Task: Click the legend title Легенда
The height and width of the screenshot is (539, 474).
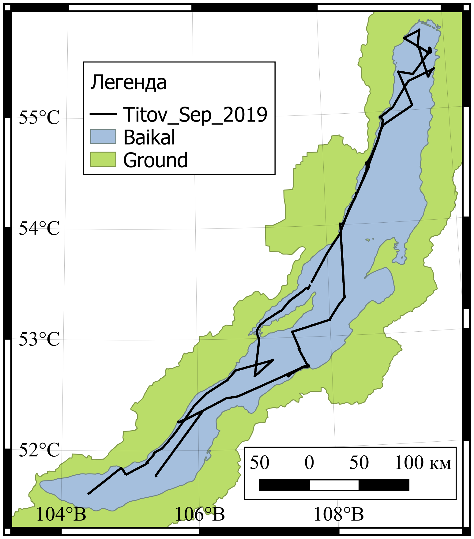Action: tap(128, 83)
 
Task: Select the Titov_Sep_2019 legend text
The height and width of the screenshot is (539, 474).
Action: tap(195, 115)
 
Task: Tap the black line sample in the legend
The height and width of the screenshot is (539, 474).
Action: tap(103, 114)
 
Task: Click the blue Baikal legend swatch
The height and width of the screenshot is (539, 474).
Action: tap(103, 137)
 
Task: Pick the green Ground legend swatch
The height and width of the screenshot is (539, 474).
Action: tap(103, 159)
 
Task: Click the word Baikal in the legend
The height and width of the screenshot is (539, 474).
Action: tap(149, 137)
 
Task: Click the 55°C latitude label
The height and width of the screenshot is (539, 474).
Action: tap(39, 117)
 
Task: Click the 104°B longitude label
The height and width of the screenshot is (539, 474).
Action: tap(61, 514)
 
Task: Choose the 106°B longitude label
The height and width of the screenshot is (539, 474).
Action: tap(200, 514)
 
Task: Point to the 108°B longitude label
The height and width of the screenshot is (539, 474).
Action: tap(339, 514)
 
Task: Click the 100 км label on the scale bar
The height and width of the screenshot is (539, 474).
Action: tap(423, 463)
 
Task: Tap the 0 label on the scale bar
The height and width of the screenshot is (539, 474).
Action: tap(309, 463)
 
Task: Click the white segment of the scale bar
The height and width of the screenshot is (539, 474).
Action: tap(334, 485)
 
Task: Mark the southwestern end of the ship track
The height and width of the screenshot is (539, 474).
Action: tap(88, 494)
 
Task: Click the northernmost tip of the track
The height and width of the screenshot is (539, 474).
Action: tap(419, 30)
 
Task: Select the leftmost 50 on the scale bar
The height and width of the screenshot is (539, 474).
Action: tap(260, 463)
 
